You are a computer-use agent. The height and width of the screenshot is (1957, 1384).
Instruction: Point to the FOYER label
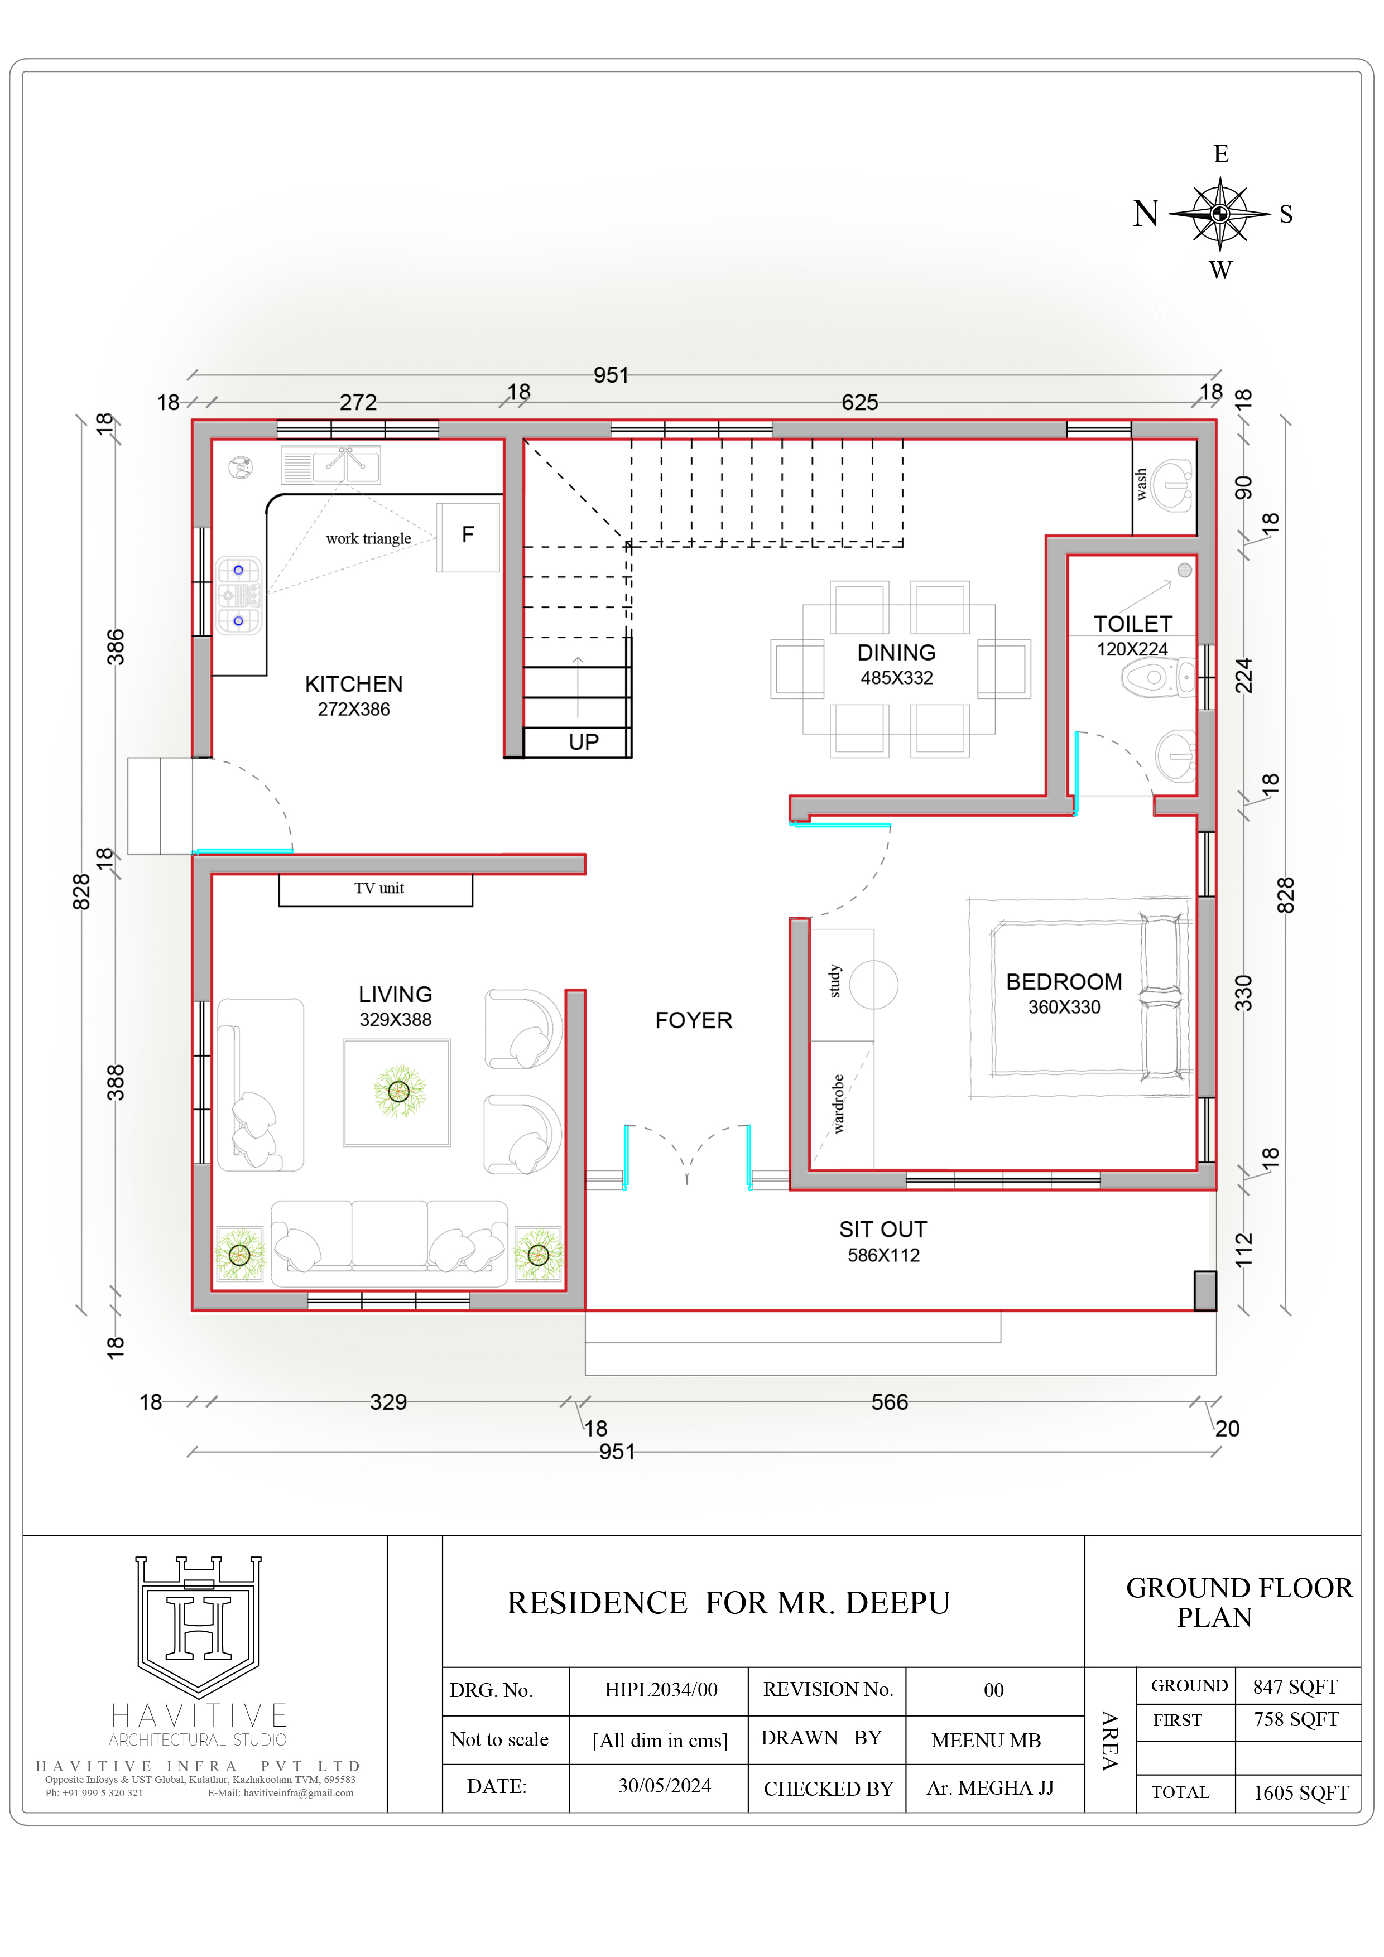coord(693,1020)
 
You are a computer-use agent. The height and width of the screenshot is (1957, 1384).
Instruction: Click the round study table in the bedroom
coord(873,985)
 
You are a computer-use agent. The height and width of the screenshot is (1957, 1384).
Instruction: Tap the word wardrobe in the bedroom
coord(838,1104)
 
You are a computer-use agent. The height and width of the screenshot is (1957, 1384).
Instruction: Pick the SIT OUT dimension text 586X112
coord(883,1256)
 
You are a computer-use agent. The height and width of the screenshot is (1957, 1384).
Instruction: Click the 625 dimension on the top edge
coord(859,402)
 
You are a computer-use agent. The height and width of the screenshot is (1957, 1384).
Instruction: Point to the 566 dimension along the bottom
coord(890,1402)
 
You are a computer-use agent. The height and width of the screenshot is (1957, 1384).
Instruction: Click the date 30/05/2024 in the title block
coord(664,1786)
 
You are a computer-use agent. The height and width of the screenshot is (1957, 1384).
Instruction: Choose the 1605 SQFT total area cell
coord(1300,1792)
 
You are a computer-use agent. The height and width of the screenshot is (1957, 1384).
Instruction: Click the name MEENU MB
coord(986,1741)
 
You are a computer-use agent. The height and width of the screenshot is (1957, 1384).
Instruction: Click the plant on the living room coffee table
coord(398,1091)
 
